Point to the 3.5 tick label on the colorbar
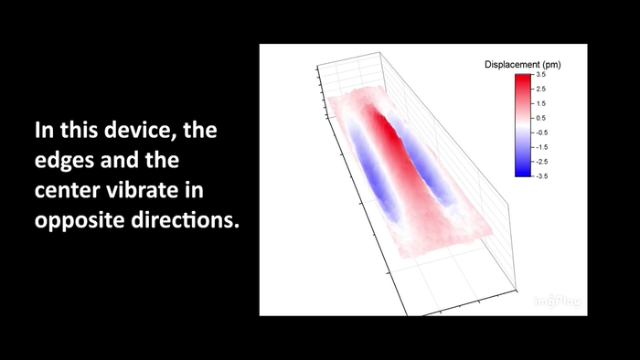pyautogui.click(x=541, y=75)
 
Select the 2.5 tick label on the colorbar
pyautogui.click(x=541, y=90)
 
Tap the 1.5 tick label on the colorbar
pyautogui.click(x=541, y=103)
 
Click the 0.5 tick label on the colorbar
pyautogui.click(x=541, y=118)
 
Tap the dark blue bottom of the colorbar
pyautogui.click(x=522, y=170)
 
